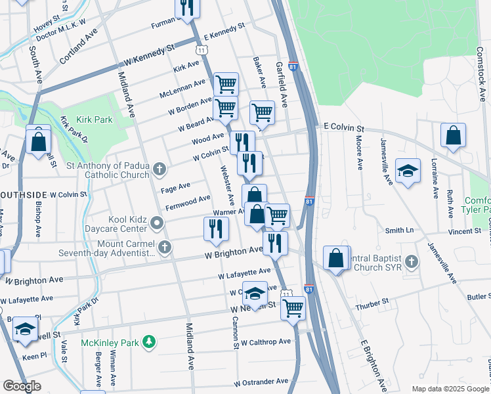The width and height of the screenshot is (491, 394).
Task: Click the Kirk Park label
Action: point(94,120)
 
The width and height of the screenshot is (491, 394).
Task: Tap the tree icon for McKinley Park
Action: point(150,342)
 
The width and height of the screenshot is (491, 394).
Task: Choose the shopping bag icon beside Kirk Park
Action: point(39,141)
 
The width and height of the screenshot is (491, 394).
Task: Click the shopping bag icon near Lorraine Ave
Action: point(453,135)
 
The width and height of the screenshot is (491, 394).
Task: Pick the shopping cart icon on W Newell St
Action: point(293,306)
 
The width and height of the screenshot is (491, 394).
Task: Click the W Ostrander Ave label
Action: point(261,382)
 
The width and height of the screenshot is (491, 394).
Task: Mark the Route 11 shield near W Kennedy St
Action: point(202,50)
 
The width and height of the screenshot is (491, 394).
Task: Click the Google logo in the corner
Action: point(22,386)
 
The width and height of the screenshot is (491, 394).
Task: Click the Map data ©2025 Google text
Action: point(450,389)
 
